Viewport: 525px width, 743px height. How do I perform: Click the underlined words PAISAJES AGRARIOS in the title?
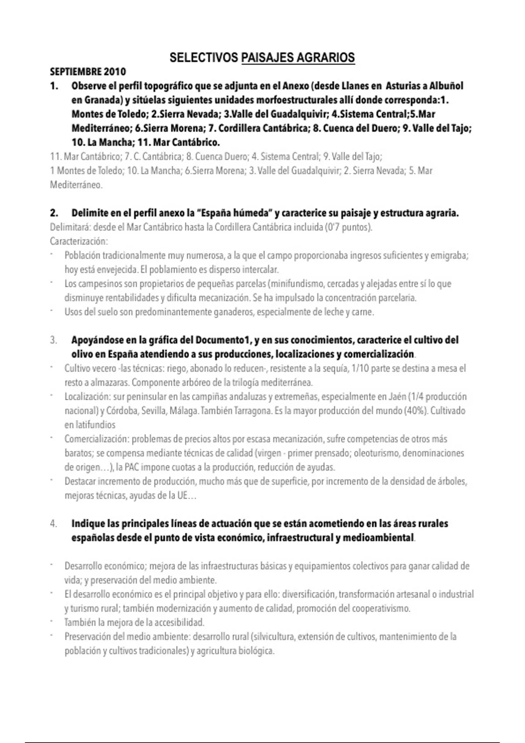297,58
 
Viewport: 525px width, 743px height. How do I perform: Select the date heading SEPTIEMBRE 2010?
88,72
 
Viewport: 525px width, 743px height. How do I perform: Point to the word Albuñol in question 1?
447,86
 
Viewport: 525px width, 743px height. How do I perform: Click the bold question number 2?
54,213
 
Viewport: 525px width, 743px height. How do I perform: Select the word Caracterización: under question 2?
79,241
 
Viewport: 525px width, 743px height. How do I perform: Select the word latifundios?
90,425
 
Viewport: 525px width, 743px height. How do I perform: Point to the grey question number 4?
53,524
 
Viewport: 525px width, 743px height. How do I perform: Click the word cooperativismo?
381,608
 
